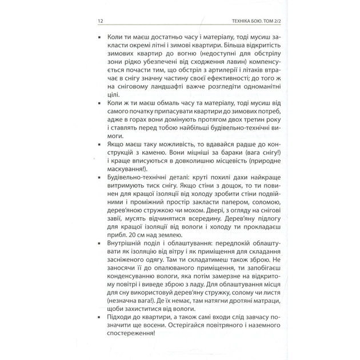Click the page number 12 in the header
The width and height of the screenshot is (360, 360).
pyautogui.click(x=101, y=21)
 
